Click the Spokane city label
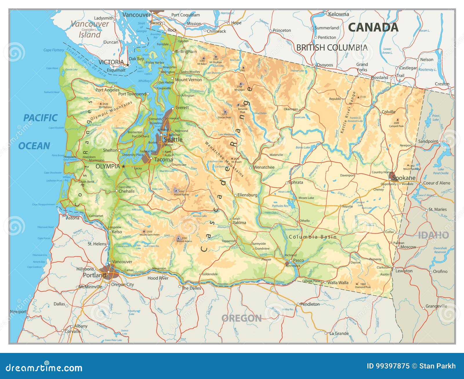[404, 178]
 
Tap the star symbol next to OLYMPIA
[124, 166]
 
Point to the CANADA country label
[373, 27]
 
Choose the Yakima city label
[239, 223]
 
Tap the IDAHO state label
[433, 235]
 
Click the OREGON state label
[241, 318]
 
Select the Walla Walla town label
[338, 283]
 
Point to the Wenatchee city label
[264, 167]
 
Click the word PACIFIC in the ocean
[40, 118]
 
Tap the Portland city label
[94, 275]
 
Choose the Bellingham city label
[186, 52]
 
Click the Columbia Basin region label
[313, 237]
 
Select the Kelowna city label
[338, 14]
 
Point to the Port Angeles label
[107, 90]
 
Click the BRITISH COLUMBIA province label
[332, 48]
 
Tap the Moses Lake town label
[306, 198]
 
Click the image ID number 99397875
[392, 366]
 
